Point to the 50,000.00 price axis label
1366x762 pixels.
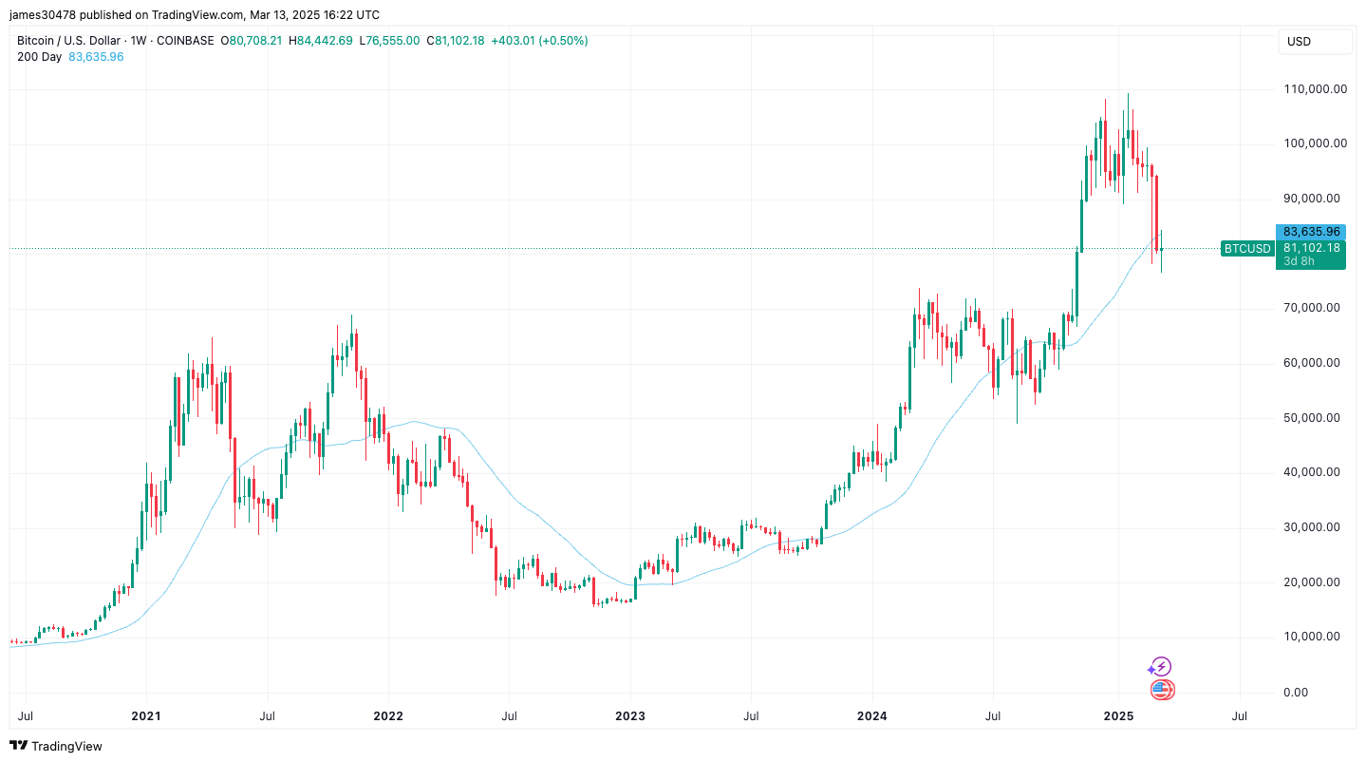click(1315, 418)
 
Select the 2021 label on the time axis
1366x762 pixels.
click(146, 714)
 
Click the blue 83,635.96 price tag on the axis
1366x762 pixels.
click(1311, 232)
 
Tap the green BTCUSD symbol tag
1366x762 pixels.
click(1247, 249)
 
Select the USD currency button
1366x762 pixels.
click(1299, 42)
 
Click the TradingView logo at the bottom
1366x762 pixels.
click(56, 747)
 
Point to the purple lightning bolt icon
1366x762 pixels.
click(1160, 667)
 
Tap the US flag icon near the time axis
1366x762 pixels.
click(1162, 691)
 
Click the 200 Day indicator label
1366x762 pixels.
click(40, 57)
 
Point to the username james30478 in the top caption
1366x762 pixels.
click(42, 15)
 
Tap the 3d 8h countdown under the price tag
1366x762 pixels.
click(1299, 261)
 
